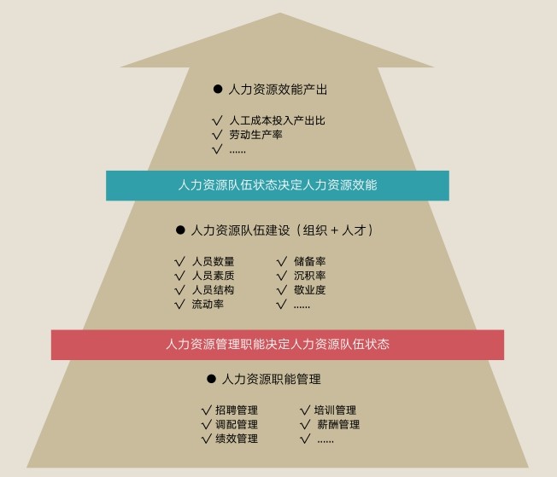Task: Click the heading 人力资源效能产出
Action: click(x=278, y=89)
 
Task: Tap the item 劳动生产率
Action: click(x=255, y=135)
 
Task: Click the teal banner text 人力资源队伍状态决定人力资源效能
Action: click(x=278, y=184)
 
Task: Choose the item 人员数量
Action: click(x=213, y=261)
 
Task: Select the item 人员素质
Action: click(x=213, y=276)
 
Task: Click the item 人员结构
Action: click(x=213, y=290)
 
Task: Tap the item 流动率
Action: click(x=208, y=305)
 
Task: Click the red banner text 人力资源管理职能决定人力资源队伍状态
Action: click(x=278, y=345)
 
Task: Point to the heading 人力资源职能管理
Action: click(x=271, y=379)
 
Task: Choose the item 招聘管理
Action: click(x=237, y=410)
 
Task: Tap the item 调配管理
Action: click(x=237, y=424)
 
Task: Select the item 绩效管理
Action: click(x=237, y=439)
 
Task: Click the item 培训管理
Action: click(x=336, y=410)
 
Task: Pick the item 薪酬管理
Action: click(x=337, y=424)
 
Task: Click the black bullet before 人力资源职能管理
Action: click(x=211, y=379)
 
